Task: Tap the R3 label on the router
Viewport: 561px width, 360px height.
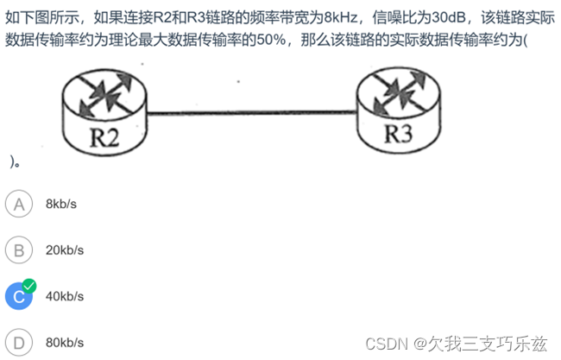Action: [x=399, y=134]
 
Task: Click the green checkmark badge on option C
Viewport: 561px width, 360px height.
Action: [x=29, y=285]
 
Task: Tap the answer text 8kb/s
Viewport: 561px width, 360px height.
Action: [x=61, y=205]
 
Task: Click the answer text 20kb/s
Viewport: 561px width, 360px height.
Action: [x=65, y=250]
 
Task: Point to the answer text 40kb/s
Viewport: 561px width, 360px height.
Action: [x=65, y=296]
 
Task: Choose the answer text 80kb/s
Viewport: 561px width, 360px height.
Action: [x=65, y=342]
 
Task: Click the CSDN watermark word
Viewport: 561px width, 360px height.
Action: [x=386, y=343]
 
